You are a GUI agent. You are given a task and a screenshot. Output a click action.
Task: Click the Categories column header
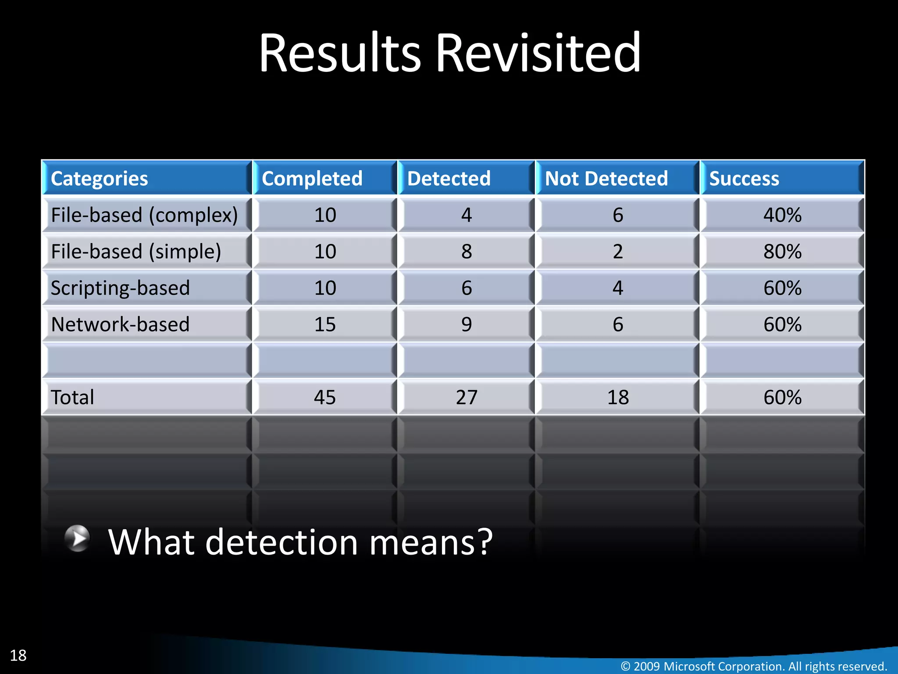coord(100,179)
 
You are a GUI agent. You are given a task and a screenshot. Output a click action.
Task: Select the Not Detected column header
coord(606,179)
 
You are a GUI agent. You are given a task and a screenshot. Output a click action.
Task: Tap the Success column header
coord(744,179)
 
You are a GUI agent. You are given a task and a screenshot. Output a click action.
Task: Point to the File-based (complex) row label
coord(144,215)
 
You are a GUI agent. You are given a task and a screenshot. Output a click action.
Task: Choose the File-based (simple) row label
coord(136,251)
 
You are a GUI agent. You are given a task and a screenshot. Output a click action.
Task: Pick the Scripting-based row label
coord(120,288)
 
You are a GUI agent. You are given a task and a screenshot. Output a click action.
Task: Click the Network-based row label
coord(120,325)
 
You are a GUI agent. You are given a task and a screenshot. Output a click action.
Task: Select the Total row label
coord(72,398)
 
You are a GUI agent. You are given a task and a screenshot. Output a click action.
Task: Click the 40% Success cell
coord(782,215)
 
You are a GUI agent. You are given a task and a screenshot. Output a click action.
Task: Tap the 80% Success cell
coord(782,251)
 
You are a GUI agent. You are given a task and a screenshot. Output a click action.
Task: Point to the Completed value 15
coord(325,325)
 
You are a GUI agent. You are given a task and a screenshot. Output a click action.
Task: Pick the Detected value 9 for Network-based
coord(467,325)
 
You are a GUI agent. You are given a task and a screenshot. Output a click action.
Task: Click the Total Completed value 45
coord(325,398)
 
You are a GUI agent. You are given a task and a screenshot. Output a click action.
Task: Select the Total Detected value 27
coord(467,398)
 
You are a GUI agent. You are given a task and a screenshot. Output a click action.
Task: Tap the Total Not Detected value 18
coord(618,398)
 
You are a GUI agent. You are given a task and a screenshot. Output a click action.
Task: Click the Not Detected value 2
coord(618,251)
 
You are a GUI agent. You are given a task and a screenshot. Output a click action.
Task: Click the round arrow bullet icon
coord(78,538)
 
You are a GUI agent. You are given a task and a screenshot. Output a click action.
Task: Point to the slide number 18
coord(18,656)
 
